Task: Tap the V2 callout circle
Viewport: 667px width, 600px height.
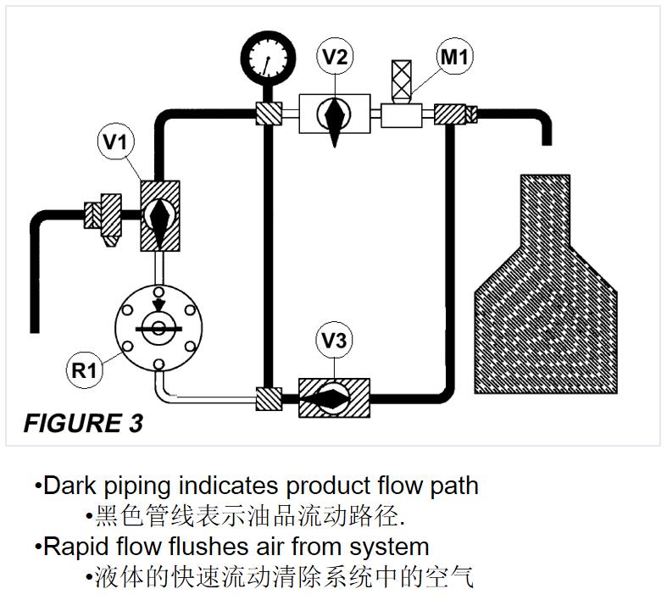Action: coord(336,58)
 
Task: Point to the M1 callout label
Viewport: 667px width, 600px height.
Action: coord(455,58)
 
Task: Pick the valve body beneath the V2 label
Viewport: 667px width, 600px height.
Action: coord(336,113)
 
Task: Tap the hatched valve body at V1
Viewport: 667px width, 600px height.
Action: coord(159,214)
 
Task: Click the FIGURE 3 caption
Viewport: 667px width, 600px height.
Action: coord(83,423)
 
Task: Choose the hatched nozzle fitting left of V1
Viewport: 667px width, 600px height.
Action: coord(107,214)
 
